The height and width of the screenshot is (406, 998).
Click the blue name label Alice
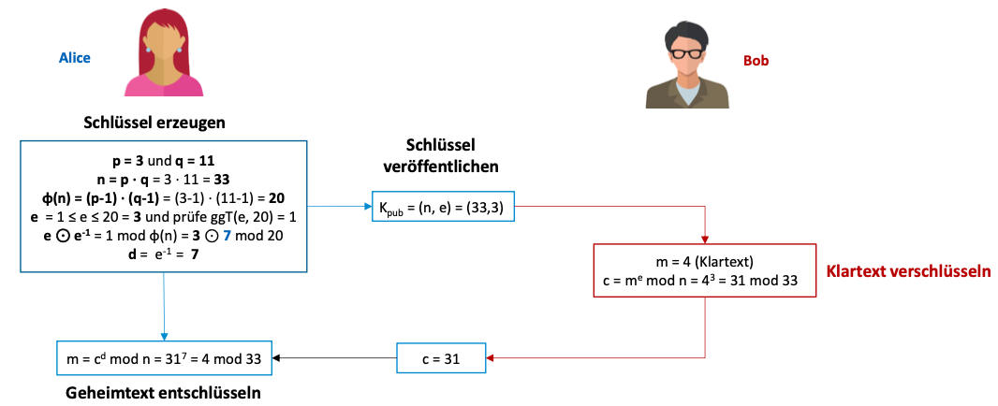75,58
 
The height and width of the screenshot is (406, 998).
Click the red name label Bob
756,61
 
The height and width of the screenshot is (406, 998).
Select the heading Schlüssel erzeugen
164,123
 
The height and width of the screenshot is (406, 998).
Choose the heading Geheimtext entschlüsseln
163,393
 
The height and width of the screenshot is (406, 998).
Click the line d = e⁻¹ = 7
164,254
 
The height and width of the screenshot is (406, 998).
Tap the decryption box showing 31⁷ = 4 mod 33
164,356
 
